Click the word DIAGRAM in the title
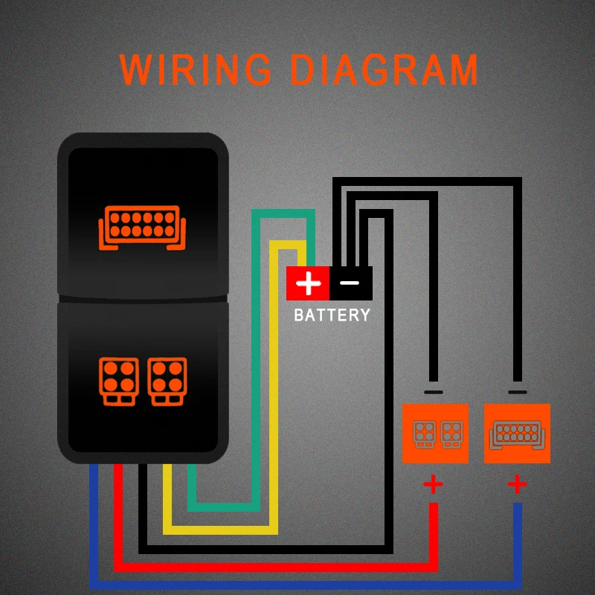point(384,70)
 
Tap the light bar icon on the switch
point(142,227)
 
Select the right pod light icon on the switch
point(167,382)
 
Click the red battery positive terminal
point(308,283)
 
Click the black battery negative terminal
point(350,283)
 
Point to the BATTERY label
point(332,315)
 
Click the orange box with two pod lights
point(435,434)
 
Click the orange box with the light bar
point(517,434)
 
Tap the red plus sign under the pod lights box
point(433,485)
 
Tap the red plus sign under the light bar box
point(518,485)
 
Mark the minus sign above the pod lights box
point(434,391)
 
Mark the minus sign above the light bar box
point(517,391)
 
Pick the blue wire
point(297,584)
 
